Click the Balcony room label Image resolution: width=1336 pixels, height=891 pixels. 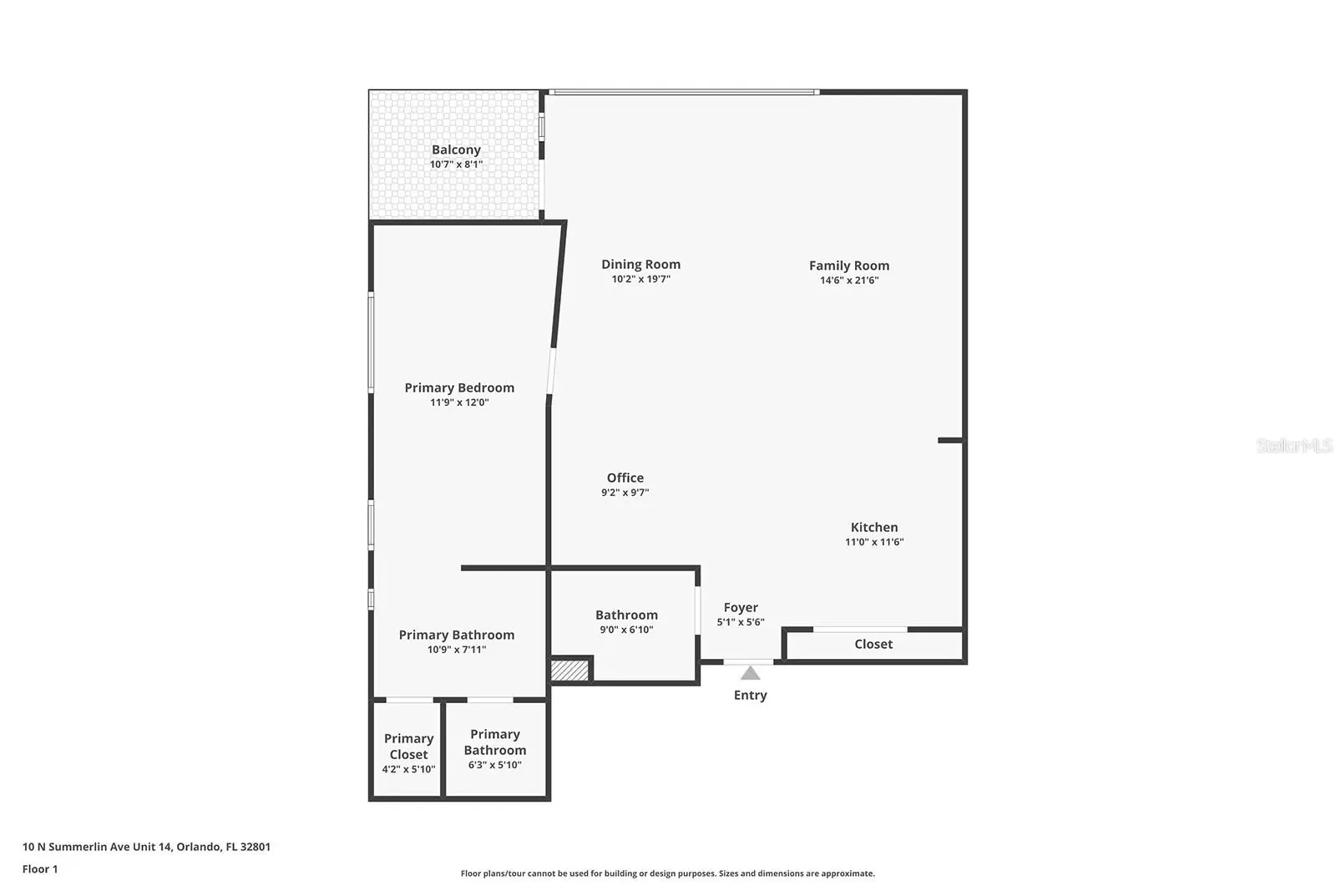(x=456, y=149)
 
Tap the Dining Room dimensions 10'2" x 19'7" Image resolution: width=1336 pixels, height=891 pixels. (x=640, y=279)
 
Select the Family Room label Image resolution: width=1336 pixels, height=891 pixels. (x=848, y=266)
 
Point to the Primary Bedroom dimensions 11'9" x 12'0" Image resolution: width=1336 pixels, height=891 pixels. (x=459, y=402)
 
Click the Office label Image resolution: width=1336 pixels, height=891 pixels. (x=625, y=478)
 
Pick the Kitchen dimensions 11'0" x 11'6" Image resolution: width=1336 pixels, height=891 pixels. (x=873, y=542)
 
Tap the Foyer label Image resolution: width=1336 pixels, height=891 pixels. (x=741, y=608)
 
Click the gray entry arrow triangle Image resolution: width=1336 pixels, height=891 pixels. (x=751, y=674)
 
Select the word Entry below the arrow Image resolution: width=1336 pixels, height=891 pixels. (x=751, y=696)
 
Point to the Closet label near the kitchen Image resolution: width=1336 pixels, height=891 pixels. (x=873, y=644)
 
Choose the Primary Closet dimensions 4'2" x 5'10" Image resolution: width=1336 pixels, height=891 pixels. (x=408, y=769)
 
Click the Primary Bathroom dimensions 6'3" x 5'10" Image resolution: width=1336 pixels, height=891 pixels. (x=495, y=765)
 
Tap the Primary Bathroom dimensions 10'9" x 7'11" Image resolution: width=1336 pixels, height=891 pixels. (x=456, y=650)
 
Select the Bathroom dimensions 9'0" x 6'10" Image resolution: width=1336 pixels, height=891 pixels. (x=626, y=630)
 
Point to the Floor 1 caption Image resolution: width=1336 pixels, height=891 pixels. (x=40, y=869)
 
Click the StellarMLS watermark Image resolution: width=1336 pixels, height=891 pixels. (x=1293, y=446)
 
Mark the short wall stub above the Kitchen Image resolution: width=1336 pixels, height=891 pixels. (x=949, y=440)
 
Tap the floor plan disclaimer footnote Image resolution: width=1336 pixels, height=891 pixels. (x=667, y=873)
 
